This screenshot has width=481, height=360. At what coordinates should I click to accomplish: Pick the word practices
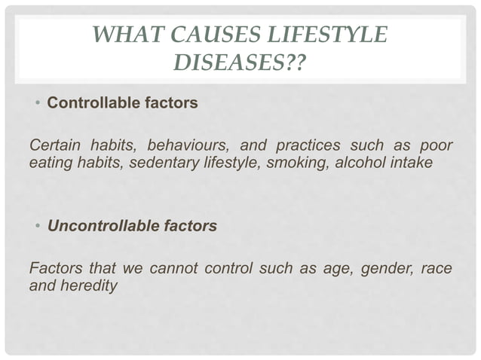(294, 145)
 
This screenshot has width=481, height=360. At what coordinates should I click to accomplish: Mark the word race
(437, 269)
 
